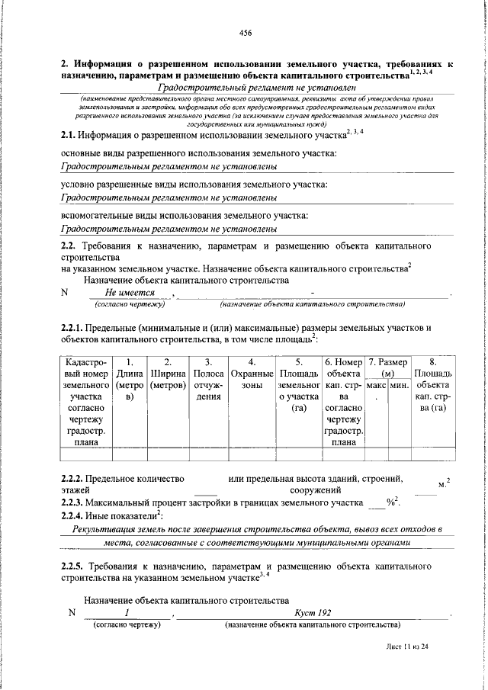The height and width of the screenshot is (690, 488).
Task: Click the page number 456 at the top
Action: click(x=245, y=33)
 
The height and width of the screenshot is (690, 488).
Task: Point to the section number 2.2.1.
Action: click(x=75, y=327)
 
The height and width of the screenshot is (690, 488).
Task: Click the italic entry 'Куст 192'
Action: click(x=313, y=612)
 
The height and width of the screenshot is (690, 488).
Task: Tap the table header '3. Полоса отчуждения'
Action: click(x=208, y=379)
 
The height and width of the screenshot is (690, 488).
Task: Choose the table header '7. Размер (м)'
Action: click(x=387, y=367)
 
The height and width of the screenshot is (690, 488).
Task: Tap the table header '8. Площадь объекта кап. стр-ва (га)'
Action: click(x=432, y=385)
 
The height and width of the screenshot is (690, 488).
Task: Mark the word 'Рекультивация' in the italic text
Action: click(x=103, y=528)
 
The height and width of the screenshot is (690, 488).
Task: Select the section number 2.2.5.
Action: click(x=75, y=566)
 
